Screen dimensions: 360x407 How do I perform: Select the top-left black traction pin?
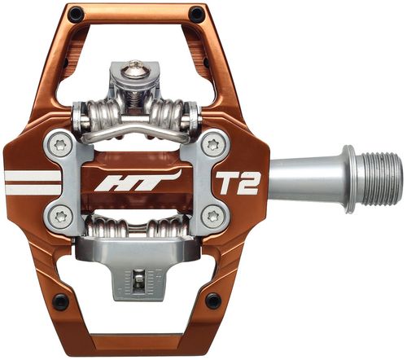pos(75,15)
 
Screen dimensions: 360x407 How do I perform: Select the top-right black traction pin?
pos(196,15)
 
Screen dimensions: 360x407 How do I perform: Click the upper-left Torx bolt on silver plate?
pos(59,146)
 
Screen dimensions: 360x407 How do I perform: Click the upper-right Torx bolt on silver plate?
pos(212,146)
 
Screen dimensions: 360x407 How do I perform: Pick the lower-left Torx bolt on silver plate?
pos(59,216)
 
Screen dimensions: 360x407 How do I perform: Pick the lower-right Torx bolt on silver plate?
pos(212,216)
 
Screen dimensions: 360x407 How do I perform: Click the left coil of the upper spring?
pos(100,114)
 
